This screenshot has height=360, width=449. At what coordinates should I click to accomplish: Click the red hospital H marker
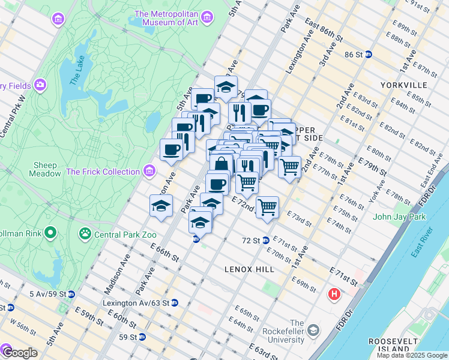tap(334, 295)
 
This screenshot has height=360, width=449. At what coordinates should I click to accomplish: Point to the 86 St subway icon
tap(369, 55)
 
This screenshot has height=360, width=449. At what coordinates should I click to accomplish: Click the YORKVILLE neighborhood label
tap(403, 85)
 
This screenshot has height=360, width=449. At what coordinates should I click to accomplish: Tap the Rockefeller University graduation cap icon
tap(313, 331)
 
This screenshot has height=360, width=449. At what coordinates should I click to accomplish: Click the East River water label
tap(420, 243)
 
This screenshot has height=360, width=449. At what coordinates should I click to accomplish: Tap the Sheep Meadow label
tap(46, 169)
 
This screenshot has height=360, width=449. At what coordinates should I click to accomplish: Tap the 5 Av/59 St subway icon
tap(71, 294)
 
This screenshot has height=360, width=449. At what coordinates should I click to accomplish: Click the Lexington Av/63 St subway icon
tap(174, 303)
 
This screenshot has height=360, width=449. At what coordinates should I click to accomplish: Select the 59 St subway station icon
tap(142, 337)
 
